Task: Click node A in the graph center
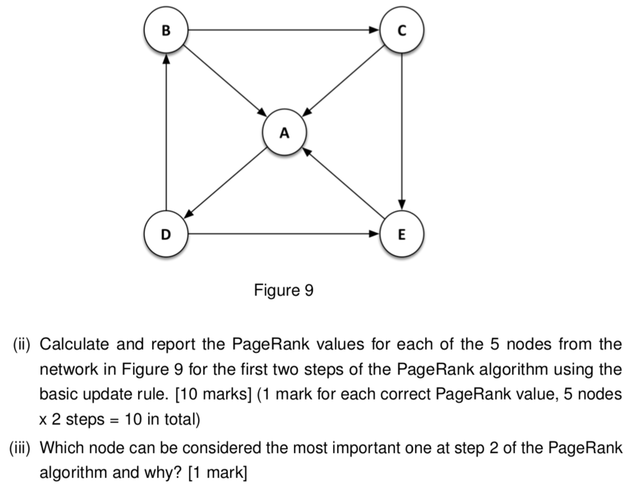point(284,133)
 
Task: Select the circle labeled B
point(165,30)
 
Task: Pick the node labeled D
point(165,235)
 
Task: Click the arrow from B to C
point(283,30)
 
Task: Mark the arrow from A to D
point(225,183)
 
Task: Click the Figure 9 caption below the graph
point(284,290)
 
